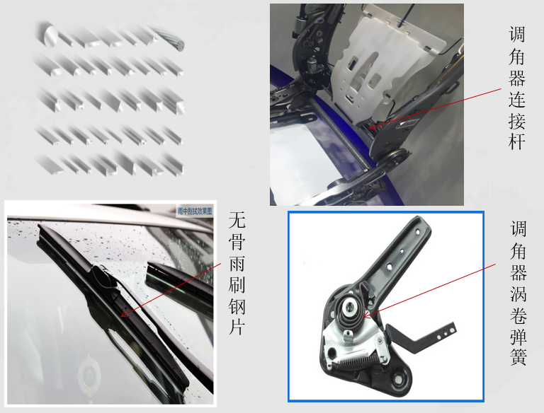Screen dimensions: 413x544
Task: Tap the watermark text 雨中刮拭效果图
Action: click(195, 211)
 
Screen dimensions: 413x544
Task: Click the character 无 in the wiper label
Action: click(237, 221)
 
